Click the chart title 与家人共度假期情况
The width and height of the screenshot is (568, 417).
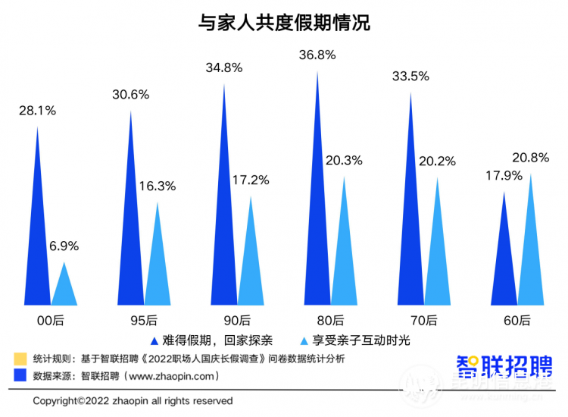(284, 23)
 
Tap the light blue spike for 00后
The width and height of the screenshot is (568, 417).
(64, 288)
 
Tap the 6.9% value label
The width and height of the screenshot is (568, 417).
(64, 246)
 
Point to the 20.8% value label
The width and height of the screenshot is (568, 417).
(531, 158)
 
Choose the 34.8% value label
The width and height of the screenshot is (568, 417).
(223, 67)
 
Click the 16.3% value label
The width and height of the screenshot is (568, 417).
(158, 186)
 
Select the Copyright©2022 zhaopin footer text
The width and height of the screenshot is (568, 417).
(133, 400)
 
